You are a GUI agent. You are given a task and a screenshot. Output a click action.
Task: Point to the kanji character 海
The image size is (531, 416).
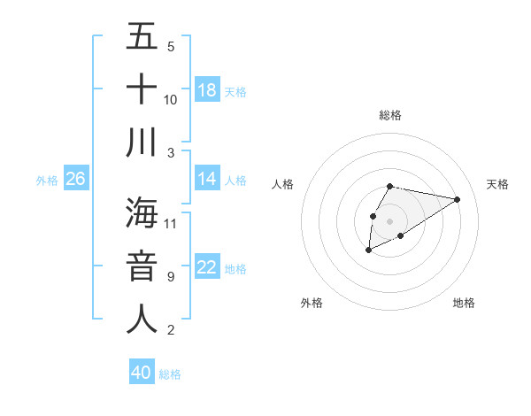(x=142, y=212)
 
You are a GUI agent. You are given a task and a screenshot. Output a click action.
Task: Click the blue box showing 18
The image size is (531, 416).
(x=207, y=89)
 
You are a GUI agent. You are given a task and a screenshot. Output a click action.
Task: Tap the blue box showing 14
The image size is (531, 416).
(x=207, y=179)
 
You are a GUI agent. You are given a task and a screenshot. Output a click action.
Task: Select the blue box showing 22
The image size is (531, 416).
(x=207, y=267)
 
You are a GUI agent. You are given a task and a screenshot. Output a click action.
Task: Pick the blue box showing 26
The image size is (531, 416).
(x=76, y=179)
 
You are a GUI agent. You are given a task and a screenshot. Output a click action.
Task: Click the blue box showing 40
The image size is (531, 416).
(x=142, y=373)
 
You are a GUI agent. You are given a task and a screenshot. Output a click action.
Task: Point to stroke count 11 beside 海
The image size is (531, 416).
(x=171, y=223)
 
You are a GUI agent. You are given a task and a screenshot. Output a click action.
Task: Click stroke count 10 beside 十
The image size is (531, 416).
(x=171, y=99)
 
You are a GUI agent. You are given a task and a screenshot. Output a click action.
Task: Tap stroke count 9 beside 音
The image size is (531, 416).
(x=171, y=277)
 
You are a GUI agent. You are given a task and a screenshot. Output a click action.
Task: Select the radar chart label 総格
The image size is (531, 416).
(x=390, y=115)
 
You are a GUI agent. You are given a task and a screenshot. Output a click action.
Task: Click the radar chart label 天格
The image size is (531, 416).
(x=498, y=184)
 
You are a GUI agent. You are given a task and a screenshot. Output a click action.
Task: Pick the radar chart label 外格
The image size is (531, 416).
(x=312, y=303)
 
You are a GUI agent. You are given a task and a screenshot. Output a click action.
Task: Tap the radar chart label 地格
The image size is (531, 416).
(x=464, y=303)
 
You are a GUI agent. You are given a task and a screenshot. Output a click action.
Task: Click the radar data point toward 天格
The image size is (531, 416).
(x=458, y=199)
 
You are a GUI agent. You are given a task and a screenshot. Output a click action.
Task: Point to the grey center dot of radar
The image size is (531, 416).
(x=390, y=220)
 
